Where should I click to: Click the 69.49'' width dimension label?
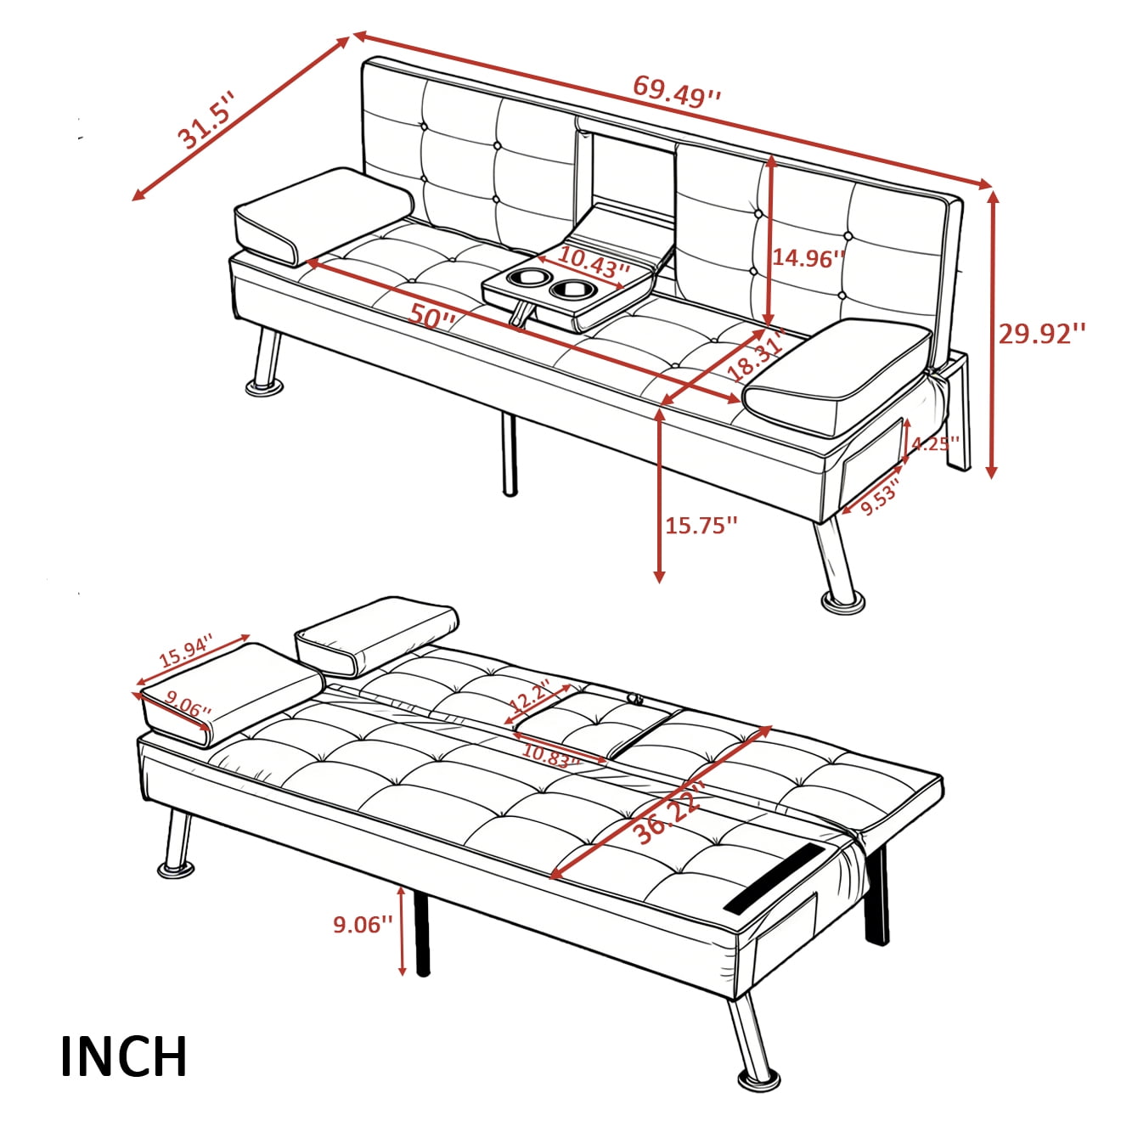(x=677, y=91)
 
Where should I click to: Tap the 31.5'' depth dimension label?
(x=206, y=124)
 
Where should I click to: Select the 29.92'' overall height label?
(x=1041, y=333)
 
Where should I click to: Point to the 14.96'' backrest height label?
(x=808, y=258)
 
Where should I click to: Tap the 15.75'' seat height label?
(x=701, y=526)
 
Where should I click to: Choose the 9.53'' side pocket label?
(x=880, y=499)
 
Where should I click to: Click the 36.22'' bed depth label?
(x=670, y=814)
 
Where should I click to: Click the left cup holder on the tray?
(x=527, y=279)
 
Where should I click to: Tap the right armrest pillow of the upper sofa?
(x=839, y=375)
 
